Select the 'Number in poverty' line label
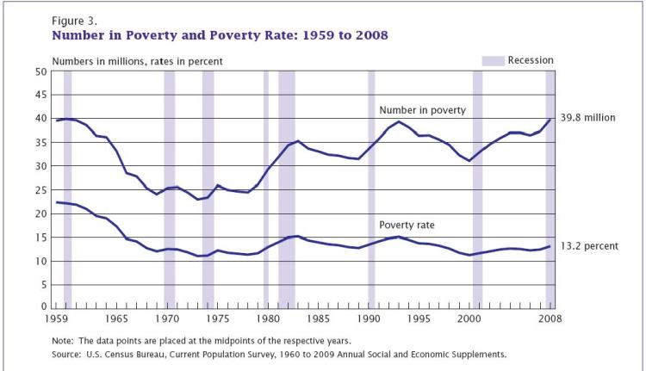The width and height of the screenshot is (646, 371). coord(422,110)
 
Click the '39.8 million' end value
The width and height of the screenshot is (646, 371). coord(587,118)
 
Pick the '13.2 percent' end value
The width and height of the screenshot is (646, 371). coord(589,245)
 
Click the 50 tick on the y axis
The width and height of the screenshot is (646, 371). coord(40,71)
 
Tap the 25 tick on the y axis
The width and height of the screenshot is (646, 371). coord(40,189)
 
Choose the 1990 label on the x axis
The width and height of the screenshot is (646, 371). coord(370,318)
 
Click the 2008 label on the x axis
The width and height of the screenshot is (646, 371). coord(550,318)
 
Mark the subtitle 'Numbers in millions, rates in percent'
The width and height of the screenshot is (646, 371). coord(138,60)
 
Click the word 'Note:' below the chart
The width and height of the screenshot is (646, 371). coord(66,341)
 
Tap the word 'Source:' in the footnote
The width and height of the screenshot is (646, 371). coord(71,354)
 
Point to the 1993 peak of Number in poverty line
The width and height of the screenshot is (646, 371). coord(400,121)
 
